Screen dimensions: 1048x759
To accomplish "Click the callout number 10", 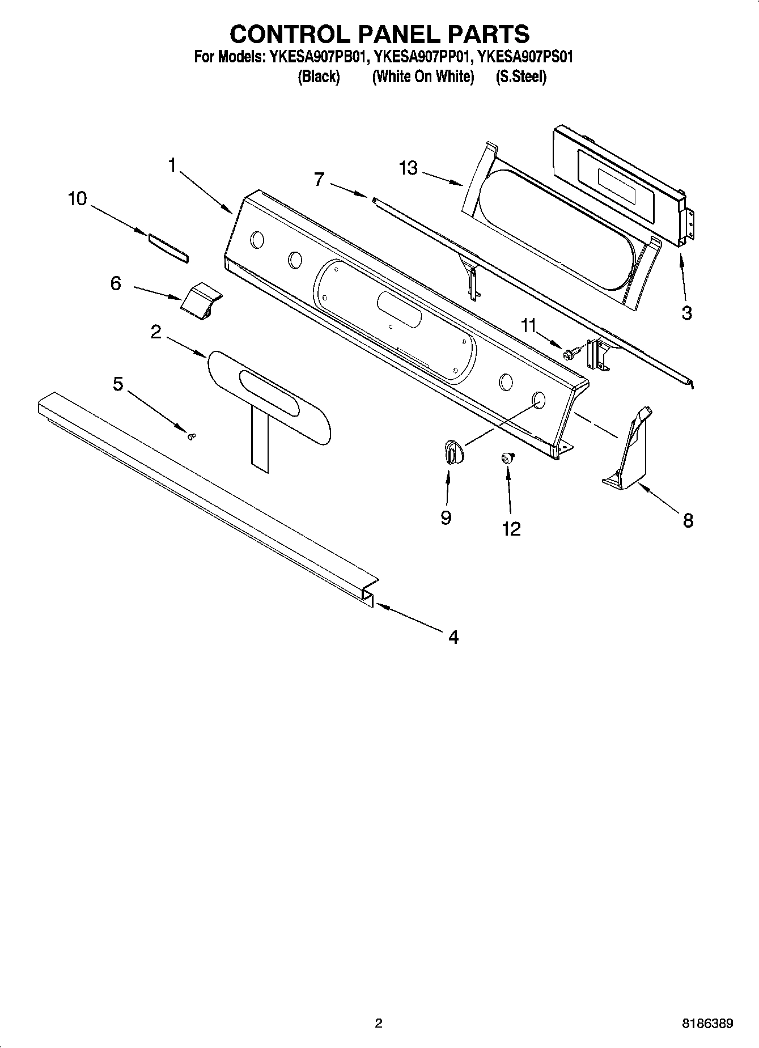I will click(x=78, y=199).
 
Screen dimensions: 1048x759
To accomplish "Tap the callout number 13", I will click(x=408, y=168).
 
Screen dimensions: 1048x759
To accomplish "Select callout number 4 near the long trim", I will click(x=453, y=637).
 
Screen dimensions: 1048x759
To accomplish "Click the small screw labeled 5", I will click(x=192, y=436).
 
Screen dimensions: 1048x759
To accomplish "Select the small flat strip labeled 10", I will click(x=168, y=248).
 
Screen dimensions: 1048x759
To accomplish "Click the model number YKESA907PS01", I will click(x=525, y=57).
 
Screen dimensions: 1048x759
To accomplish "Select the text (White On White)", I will click(x=423, y=77).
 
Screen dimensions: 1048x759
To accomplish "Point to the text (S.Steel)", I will click(x=521, y=77).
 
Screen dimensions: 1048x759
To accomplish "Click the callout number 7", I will click(x=319, y=180).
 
